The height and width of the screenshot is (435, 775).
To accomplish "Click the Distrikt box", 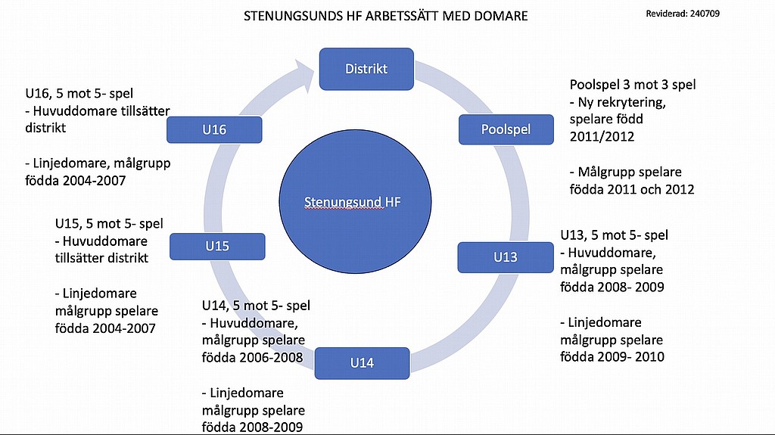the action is [366, 69].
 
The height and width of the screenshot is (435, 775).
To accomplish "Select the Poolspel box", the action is [506, 129].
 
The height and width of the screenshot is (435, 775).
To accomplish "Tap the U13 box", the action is [505, 257].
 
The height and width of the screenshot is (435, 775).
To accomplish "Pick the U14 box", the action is [362, 363].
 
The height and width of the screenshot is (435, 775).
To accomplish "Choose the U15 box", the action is [217, 246].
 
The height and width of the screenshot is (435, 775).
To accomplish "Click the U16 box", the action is [214, 129].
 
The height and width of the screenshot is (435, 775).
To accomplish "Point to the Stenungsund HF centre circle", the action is [355, 202].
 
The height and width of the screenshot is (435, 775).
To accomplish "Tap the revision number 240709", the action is [705, 14].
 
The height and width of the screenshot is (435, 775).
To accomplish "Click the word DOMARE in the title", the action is [501, 16].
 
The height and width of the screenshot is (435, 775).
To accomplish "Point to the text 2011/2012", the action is [602, 136].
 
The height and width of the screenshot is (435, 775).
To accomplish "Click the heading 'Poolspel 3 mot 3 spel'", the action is [633, 85].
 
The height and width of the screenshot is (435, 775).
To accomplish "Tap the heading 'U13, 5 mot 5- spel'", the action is [614, 235].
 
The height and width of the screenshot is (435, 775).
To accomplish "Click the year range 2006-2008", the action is [271, 357].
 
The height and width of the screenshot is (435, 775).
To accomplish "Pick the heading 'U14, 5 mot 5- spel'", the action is [256, 306].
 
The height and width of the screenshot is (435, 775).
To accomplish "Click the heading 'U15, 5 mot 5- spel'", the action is [109, 223].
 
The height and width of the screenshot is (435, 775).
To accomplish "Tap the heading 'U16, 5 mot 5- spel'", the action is [79, 93].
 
